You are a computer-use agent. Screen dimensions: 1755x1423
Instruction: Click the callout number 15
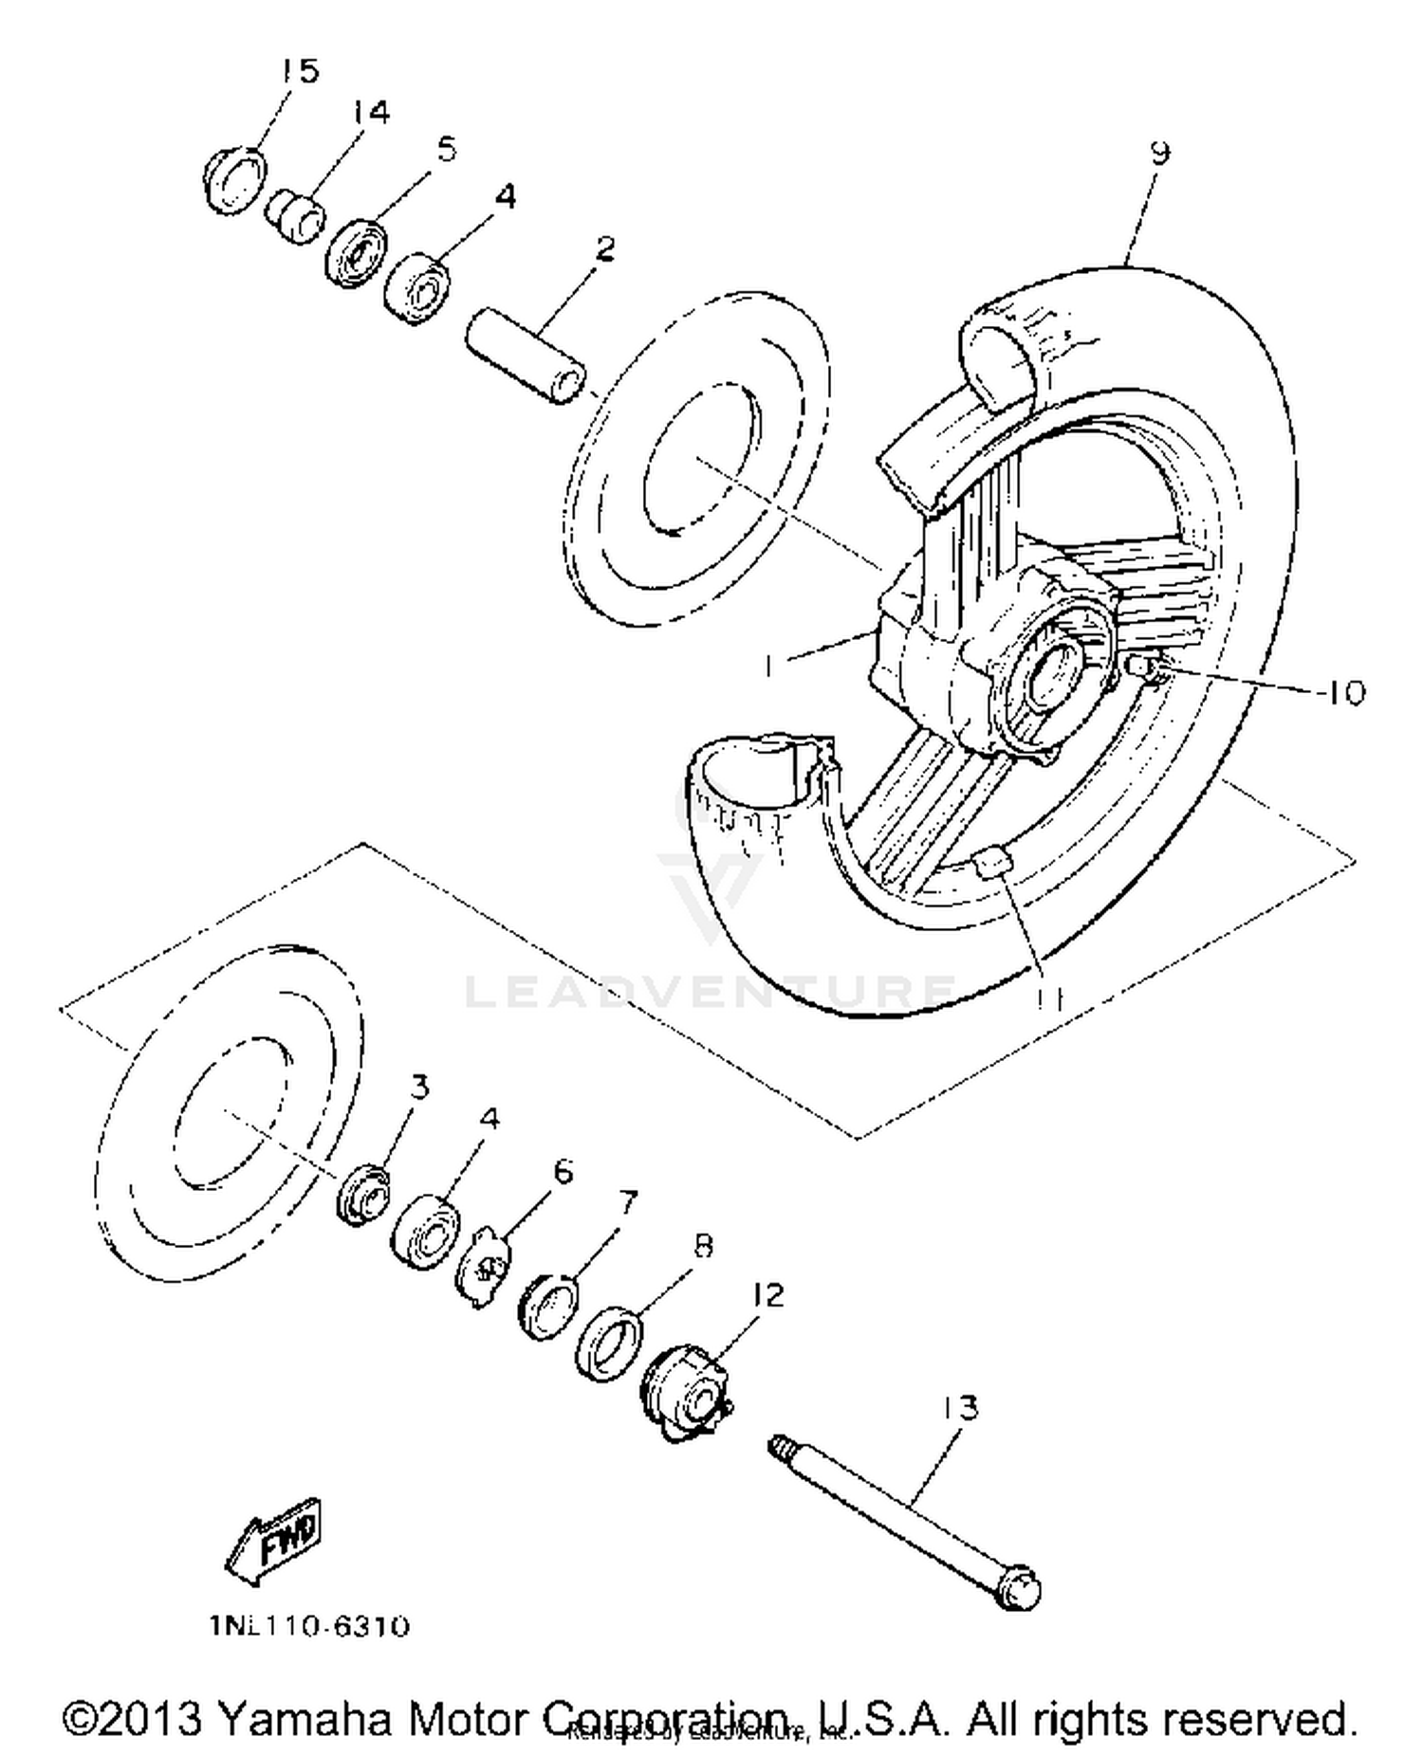point(300,70)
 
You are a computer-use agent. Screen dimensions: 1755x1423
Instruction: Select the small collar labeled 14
point(295,216)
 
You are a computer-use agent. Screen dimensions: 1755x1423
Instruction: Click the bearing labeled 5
point(359,253)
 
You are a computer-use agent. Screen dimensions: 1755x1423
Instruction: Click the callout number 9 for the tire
point(1159,153)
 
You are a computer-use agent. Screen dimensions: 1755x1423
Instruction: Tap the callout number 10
point(1340,693)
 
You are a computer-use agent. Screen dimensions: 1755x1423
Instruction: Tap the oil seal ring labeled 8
point(608,1344)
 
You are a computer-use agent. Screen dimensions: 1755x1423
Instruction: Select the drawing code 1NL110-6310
point(309,1627)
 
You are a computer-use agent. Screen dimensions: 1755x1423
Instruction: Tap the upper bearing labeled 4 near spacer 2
point(417,288)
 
